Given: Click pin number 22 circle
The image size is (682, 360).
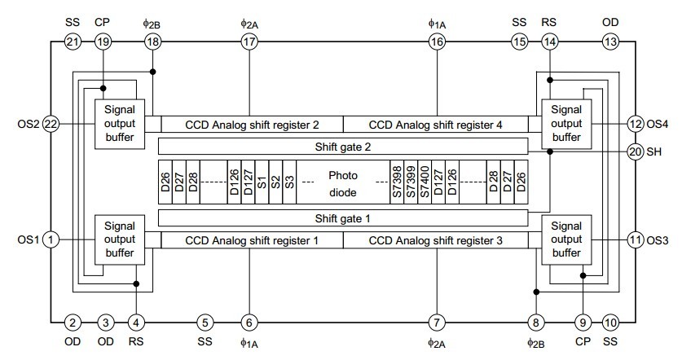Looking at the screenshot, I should point(51,124).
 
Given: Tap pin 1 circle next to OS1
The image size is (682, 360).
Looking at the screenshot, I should point(51,239).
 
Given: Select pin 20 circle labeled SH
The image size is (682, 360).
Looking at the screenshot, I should point(636,151).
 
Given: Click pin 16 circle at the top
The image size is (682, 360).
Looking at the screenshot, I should point(438,42).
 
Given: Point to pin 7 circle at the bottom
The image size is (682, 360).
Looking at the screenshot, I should point(438,322).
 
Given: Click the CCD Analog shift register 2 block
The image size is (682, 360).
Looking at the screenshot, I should point(252,125).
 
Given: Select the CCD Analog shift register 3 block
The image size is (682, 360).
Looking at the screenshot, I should point(435,240).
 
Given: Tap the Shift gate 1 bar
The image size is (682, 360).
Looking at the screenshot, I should point(343,218).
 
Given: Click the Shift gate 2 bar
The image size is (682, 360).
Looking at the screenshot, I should point(343,147).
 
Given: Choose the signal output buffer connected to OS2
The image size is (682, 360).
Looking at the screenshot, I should point(121,124).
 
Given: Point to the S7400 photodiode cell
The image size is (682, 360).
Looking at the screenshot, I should point(425,182).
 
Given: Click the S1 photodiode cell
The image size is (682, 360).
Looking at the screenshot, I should point(262,182).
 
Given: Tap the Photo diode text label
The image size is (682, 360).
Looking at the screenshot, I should point(343,182).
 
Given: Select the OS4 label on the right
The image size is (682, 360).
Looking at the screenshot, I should point(658,124).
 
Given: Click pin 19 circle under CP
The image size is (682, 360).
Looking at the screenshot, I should point(103,42).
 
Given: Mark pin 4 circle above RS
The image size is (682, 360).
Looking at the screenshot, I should point(137,322).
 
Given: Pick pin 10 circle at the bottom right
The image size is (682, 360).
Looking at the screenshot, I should point(610,322).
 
